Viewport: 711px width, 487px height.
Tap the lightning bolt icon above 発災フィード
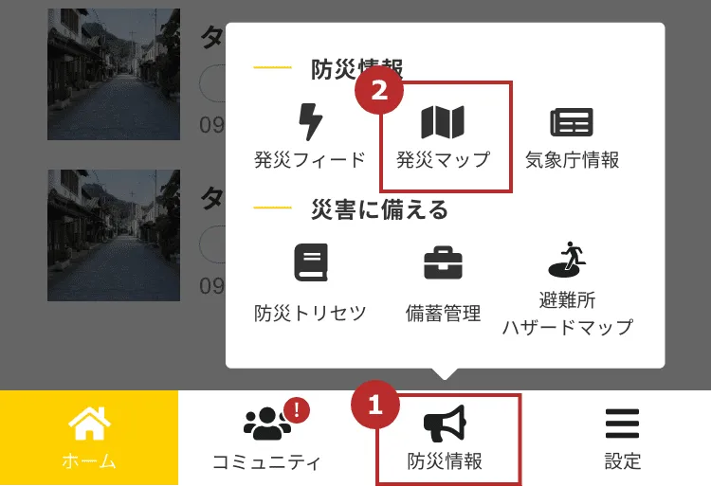click(x=310, y=122)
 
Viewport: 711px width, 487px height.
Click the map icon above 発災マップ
click(x=443, y=122)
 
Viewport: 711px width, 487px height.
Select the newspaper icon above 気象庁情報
click(x=572, y=122)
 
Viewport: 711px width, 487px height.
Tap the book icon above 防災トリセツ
click(x=310, y=262)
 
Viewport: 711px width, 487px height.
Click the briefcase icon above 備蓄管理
click(x=443, y=262)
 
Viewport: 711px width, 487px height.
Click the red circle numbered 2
click(x=379, y=91)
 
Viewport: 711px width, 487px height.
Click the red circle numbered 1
click(x=375, y=406)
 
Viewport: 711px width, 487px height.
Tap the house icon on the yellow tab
click(x=89, y=424)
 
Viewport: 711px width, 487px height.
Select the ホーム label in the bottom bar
click(x=89, y=461)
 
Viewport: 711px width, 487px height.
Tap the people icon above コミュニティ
click(x=266, y=424)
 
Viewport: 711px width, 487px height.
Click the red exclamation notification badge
click(x=297, y=409)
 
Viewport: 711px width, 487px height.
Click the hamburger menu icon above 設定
click(x=623, y=424)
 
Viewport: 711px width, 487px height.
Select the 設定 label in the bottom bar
click(x=623, y=461)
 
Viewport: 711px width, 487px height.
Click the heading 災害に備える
click(x=379, y=209)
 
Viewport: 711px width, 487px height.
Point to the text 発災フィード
click(x=310, y=159)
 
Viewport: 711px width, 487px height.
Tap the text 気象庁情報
click(x=572, y=159)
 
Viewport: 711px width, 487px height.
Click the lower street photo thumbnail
click(x=114, y=236)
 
